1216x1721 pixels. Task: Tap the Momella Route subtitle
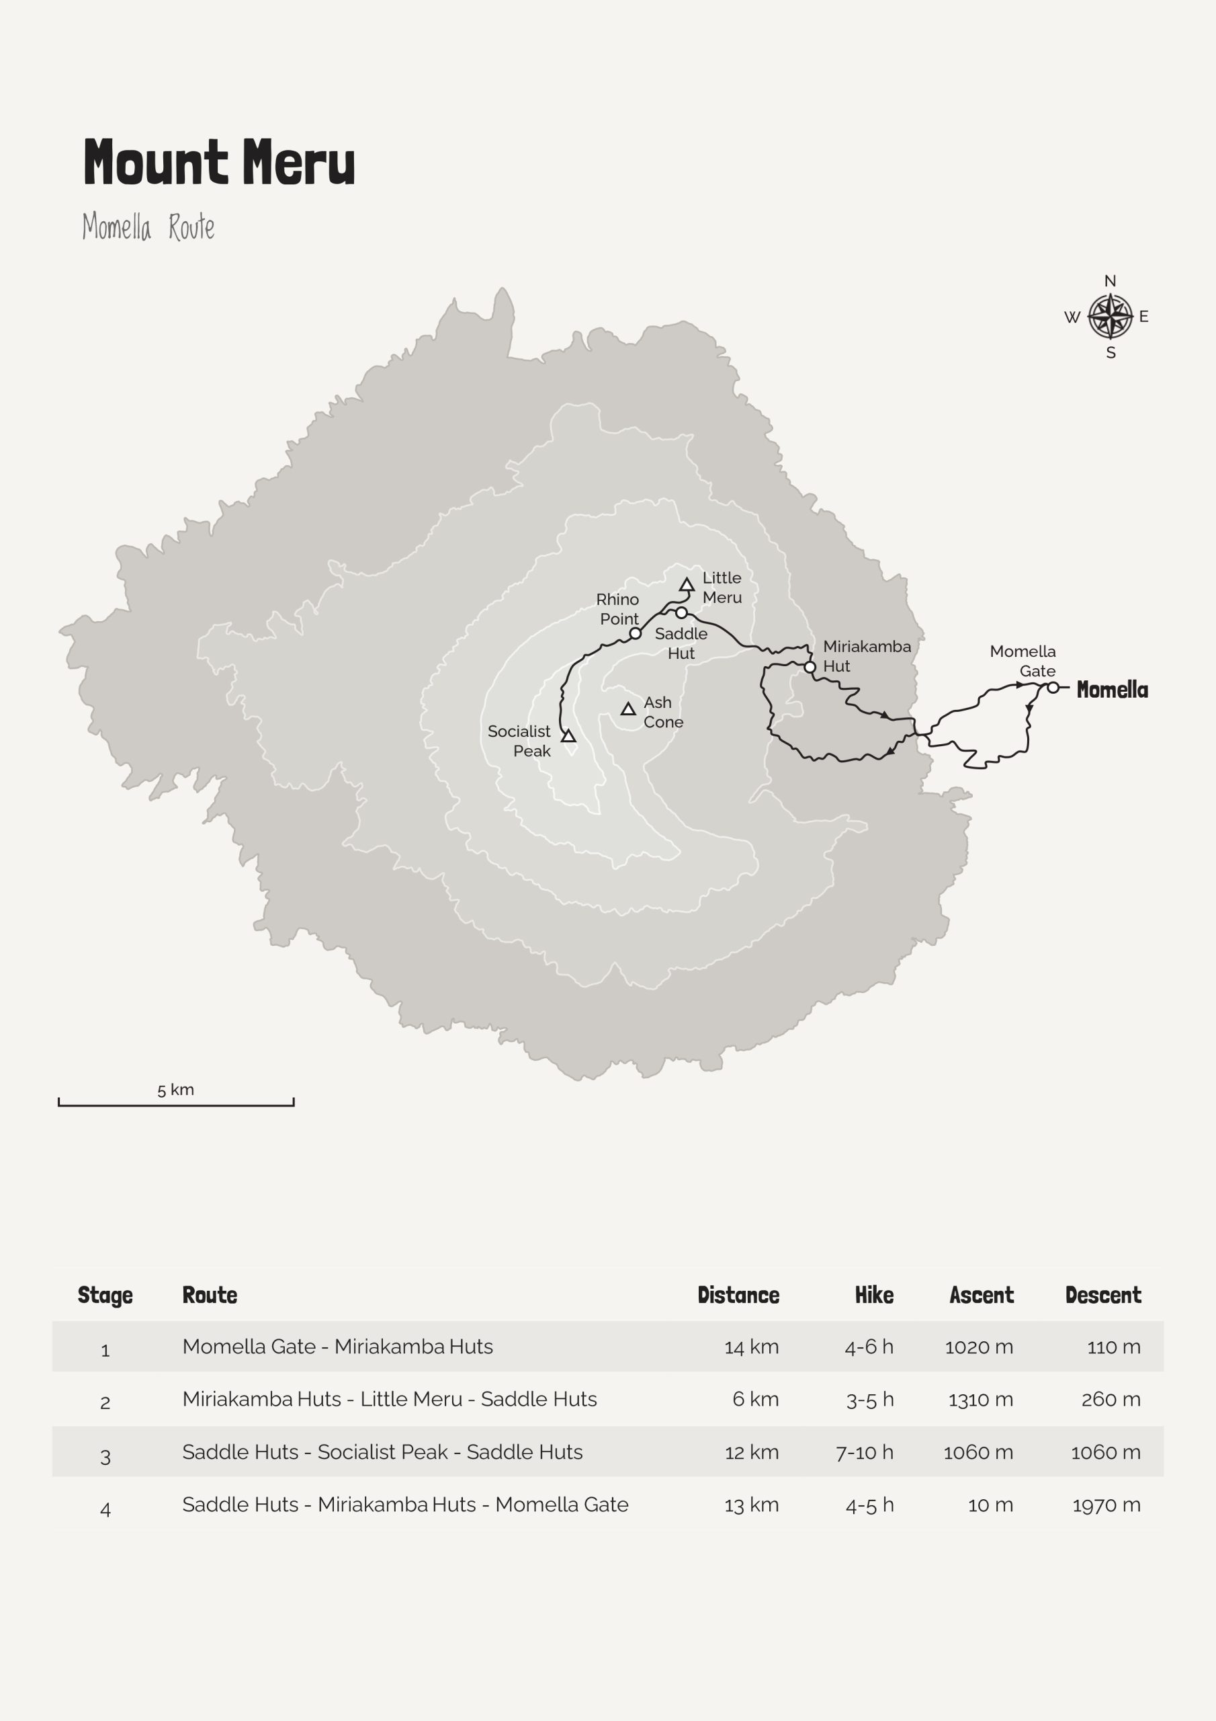148,227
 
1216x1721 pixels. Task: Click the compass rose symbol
1110,317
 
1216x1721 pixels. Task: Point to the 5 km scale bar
176,1103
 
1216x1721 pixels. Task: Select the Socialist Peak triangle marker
568,736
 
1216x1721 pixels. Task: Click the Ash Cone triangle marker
629,709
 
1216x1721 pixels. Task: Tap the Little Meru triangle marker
687,585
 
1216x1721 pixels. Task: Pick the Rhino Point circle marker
636,633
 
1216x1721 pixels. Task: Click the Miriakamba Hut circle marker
810,666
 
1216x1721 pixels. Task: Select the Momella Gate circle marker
1053,687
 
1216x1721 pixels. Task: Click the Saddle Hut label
681,643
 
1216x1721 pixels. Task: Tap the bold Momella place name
1112,690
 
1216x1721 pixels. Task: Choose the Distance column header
738,1295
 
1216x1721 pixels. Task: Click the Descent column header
1103,1295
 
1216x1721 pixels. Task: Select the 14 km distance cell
752,1347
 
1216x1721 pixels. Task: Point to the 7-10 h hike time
865,1453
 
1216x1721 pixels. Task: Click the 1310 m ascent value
980,1400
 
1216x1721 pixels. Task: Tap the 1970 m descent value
1106,1505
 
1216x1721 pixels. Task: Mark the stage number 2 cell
105,1402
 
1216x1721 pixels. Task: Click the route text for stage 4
405,1505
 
